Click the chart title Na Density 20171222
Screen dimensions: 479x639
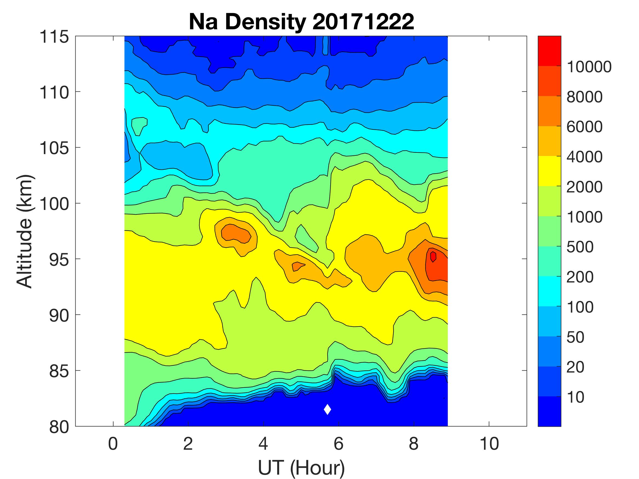tap(301, 22)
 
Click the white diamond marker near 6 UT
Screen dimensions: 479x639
tap(327, 409)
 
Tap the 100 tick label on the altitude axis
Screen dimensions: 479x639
tap(54, 204)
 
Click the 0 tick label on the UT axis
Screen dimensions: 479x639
tap(113, 444)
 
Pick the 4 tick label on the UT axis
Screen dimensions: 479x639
tap(263, 444)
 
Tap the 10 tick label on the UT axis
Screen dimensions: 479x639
tap(489, 444)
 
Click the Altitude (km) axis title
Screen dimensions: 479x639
tap(24, 231)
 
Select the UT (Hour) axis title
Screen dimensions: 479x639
tap(301, 468)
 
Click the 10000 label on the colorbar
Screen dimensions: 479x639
tap(589, 67)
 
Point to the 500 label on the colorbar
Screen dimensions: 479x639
tap(580, 247)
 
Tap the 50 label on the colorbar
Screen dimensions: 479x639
tap(575, 337)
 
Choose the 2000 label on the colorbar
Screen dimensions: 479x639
tap(584, 187)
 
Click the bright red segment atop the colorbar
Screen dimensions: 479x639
tap(549, 51)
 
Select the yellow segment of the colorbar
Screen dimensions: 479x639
tap(549, 171)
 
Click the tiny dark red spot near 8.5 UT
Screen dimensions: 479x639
tap(433, 256)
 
